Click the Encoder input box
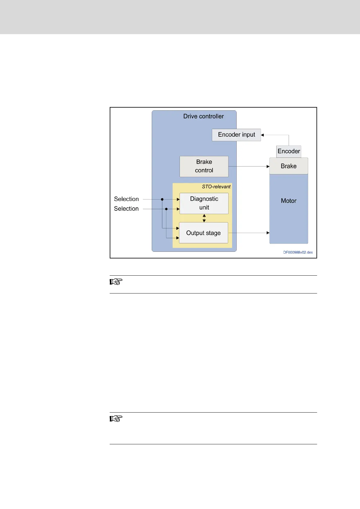(x=236, y=135)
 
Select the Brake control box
(x=204, y=166)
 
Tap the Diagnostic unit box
(x=204, y=203)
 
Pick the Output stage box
(x=203, y=233)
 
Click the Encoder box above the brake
(x=289, y=151)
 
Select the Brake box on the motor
(x=289, y=166)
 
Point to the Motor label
(x=289, y=201)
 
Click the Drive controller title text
(x=203, y=116)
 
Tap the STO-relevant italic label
(x=216, y=187)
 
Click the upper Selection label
(x=126, y=199)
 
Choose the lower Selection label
(x=126, y=209)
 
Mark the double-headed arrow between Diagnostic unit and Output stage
(x=204, y=218)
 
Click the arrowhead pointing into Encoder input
(x=262, y=135)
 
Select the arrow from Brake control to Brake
(x=249, y=167)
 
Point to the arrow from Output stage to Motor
(x=249, y=233)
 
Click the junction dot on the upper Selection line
(x=162, y=199)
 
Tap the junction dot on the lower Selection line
(x=166, y=209)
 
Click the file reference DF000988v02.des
(x=298, y=252)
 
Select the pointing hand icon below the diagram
(x=116, y=282)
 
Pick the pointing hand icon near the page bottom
(x=116, y=419)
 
